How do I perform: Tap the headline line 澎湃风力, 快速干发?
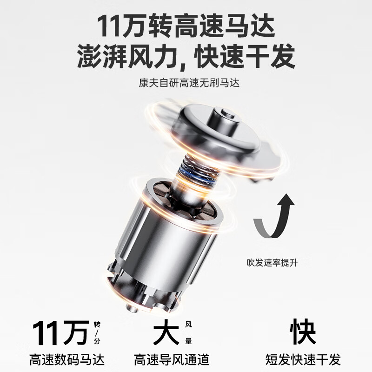pos(186,57)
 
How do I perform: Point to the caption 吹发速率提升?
pos(272,263)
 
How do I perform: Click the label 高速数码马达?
pos(67,359)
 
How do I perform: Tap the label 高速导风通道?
pos(172,359)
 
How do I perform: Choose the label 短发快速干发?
pos(303,359)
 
